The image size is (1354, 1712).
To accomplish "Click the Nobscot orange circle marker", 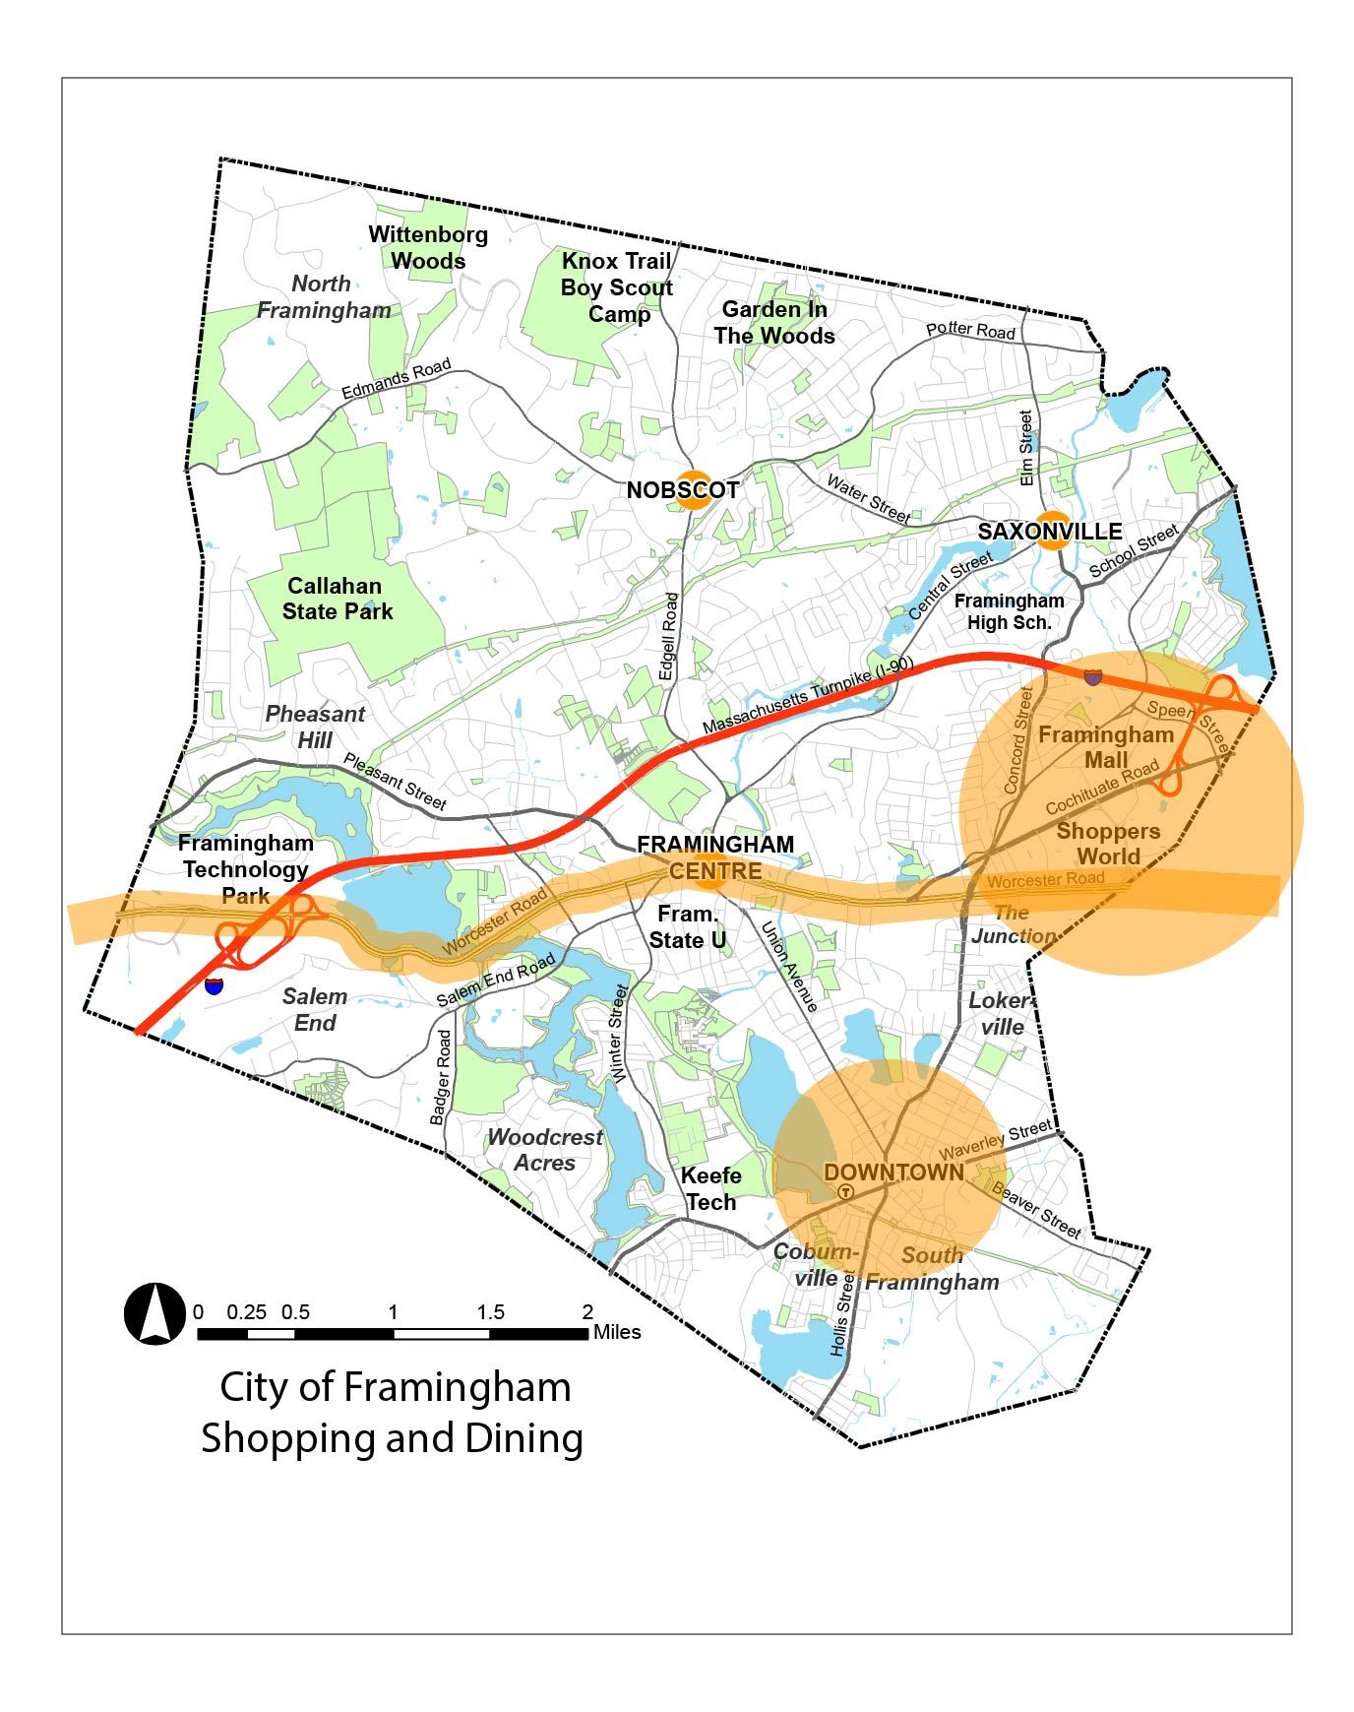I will (x=692, y=490).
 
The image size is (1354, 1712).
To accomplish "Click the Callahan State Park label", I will (x=337, y=599).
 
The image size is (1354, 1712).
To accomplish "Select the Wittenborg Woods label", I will (x=428, y=248).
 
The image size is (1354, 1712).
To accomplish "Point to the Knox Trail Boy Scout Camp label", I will (x=617, y=287).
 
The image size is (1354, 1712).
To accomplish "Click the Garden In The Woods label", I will (x=774, y=323).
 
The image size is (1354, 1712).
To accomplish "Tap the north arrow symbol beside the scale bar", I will (x=154, y=1313).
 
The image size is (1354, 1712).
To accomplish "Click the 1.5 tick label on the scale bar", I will (x=490, y=1312).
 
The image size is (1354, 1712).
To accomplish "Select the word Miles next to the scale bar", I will (x=617, y=1332).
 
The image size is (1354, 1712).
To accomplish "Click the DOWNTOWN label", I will (x=893, y=1173).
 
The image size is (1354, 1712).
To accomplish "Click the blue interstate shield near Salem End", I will (x=214, y=984).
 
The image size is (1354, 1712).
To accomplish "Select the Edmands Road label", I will (x=396, y=380).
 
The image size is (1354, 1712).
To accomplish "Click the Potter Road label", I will (x=970, y=331).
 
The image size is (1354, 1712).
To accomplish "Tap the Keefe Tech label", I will (x=710, y=1189).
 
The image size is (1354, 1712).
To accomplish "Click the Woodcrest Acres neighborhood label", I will (x=545, y=1150).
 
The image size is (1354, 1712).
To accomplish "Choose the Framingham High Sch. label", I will (x=1009, y=611).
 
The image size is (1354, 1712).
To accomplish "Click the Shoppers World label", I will (x=1108, y=844).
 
